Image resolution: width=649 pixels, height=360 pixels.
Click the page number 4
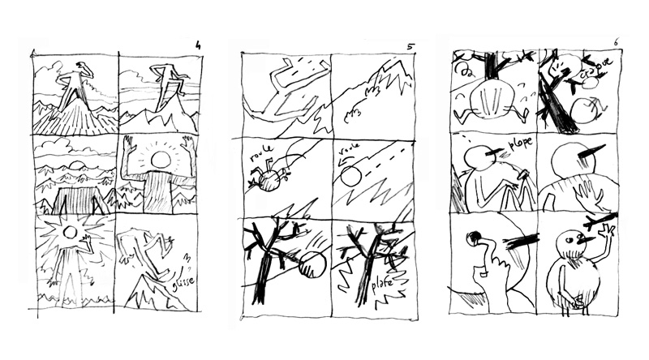(197, 45)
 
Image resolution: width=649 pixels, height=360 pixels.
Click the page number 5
(410, 47)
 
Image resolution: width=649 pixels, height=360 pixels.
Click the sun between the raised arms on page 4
(160, 158)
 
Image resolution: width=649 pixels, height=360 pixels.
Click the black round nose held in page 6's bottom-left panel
(472, 238)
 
